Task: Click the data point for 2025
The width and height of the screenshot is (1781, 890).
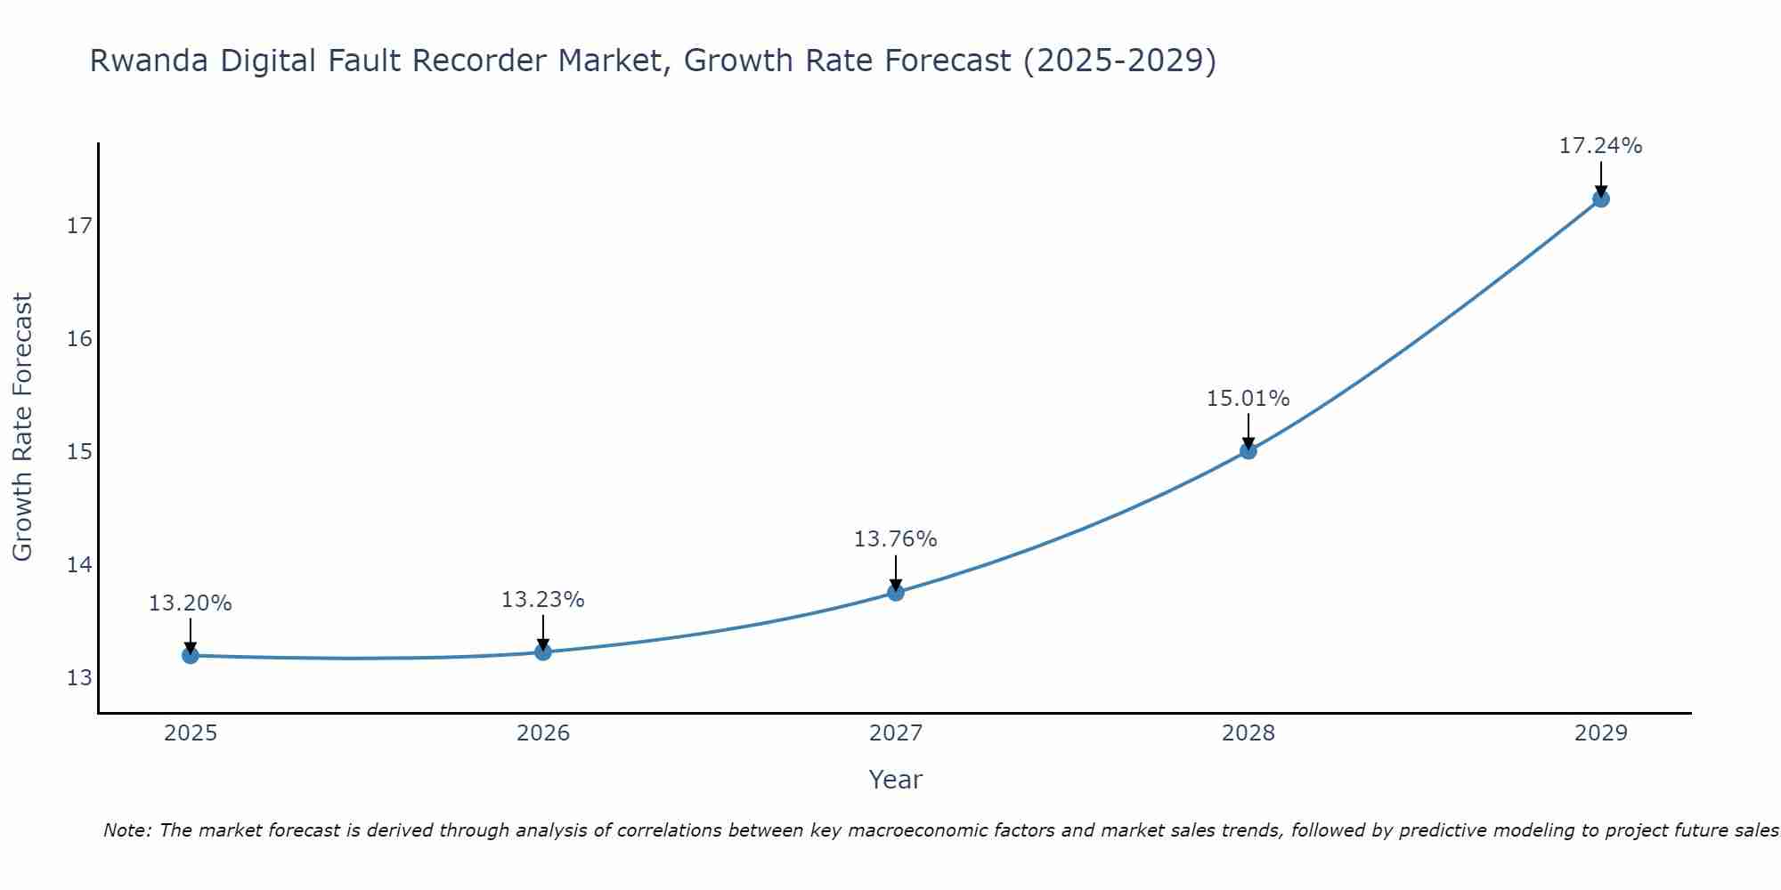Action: (x=190, y=656)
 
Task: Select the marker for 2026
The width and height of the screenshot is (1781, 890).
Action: (x=543, y=652)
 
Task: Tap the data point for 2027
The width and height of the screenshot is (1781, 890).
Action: (x=896, y=593)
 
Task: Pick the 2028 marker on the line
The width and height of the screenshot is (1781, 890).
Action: (x=1248, y=451)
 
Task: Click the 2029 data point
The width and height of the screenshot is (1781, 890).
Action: (x=1601, y=199)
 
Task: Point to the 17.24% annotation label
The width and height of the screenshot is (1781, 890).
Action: (x=1600, y=146)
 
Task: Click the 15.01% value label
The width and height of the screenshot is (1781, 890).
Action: (x=1248, y=399)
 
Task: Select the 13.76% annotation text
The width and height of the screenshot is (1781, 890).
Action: (x=895, y=539)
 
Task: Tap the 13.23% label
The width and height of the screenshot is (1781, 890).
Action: (x=542, y=600)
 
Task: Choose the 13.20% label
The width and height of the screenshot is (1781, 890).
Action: (x=190, y=603)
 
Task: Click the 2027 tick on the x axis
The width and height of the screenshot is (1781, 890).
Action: (x=896, y=733)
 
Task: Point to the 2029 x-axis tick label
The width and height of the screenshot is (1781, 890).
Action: (x=1600, y=733)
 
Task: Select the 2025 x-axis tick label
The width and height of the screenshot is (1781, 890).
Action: (x=191, y=733)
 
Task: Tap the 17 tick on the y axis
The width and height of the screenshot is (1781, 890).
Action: (x=79, y=226)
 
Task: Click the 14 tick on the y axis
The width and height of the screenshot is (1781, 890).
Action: (x=79, y=565)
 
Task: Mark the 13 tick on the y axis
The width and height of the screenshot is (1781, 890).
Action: (x=79, y=678)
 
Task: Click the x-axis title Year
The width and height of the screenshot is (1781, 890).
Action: (x=895, y=780)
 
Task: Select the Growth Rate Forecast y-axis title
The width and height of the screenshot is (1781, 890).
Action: (x=22, y=427)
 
